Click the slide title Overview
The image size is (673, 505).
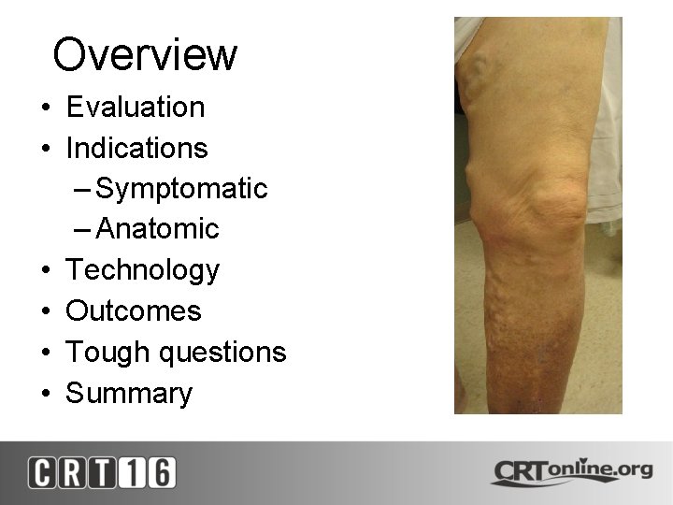145,54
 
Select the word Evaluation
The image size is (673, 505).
136,107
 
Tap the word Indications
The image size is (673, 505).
136,148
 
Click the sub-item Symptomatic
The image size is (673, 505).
181,189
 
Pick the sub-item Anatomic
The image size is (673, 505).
157,229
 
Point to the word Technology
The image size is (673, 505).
142,270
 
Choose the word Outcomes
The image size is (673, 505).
134,310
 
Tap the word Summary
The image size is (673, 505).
129,393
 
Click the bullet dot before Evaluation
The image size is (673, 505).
45,108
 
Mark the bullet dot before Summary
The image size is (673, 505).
45,395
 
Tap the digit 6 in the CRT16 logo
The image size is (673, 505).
161,472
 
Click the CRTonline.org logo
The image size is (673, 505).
571,470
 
